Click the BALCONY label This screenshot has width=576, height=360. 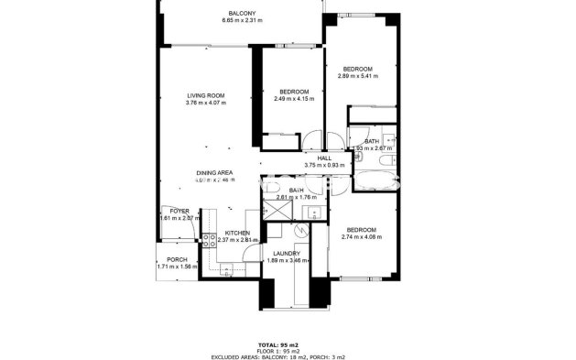pos(242,13)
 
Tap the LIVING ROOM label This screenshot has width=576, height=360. pos(205,95)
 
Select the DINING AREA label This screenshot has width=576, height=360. pos(213,172)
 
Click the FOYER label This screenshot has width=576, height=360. pos(178,211)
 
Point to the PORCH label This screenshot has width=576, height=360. pos(178,259)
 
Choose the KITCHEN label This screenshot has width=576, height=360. pos(237,233)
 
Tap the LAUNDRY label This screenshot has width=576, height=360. pos(288,254)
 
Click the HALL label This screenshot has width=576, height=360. pos(324,158)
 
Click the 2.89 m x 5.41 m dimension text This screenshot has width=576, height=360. pos(357,77)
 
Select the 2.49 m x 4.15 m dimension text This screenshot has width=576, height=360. pos(293,99)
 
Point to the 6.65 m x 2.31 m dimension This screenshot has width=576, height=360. pos(242,21)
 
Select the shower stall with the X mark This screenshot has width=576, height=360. pos(277,210)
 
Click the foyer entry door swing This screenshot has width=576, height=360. pos(168,234)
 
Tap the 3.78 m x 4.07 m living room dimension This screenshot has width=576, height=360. pos(205,103)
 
